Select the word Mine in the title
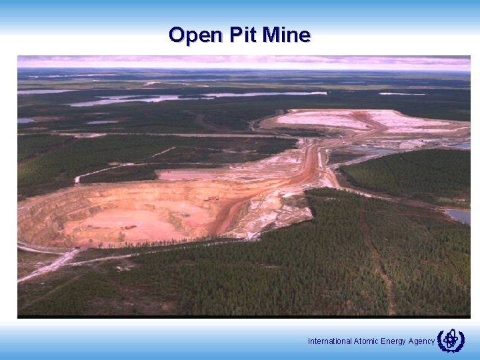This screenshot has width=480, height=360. click(286, 35)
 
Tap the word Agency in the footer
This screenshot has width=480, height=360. click(422, 341)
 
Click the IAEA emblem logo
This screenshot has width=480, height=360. click(451, 340)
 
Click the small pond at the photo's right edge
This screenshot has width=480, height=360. click(459, 216)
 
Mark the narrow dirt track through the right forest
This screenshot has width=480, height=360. click(377, 260)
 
